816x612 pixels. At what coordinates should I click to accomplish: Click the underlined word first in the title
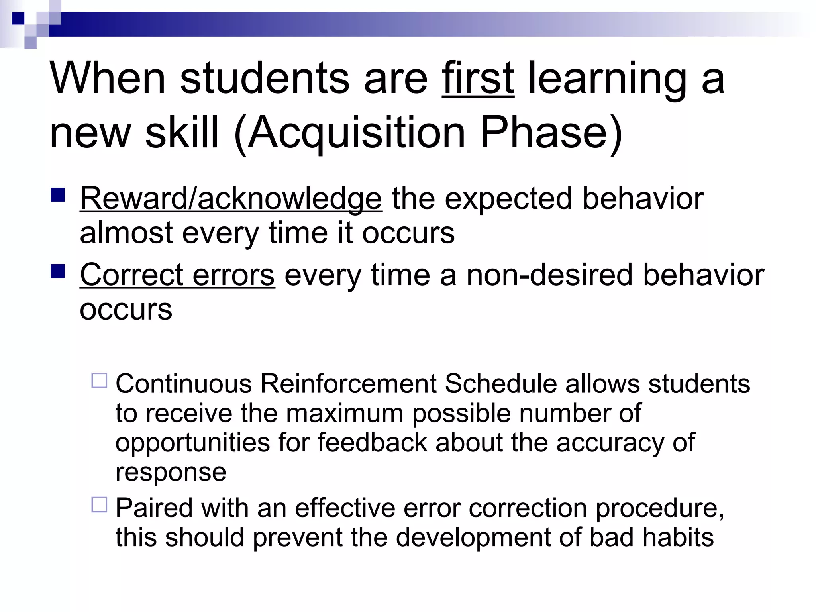(477, 78)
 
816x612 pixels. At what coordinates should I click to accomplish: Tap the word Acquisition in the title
(357, 133)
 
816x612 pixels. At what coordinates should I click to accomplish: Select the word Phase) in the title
(551, 133)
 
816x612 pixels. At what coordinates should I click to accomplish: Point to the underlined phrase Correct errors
(177, 275)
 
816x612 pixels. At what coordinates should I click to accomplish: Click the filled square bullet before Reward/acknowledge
(58, 195)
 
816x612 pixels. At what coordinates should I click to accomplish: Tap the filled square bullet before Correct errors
(58, 272)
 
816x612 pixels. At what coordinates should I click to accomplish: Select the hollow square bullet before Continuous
(100, 381)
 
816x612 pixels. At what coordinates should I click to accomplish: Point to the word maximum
(344, 414)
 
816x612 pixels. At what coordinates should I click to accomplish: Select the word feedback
(372, 443)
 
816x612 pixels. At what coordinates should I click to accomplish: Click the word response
(171, 473)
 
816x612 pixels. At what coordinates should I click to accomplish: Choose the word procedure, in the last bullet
(660, 508)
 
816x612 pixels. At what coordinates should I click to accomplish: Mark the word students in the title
(265, 78)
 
